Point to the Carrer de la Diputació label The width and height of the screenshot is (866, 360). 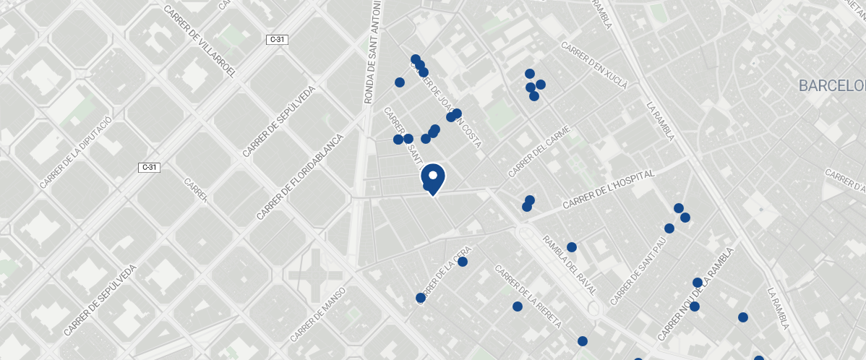tap(76, 152)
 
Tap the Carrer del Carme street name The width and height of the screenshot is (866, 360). tap(539, 152)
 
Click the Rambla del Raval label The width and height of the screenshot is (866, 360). tap(569, 265)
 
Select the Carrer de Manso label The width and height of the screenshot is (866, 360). tap(319, 314)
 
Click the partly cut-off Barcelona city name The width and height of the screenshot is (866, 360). tap(831, 87)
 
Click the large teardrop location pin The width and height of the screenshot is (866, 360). tap(433, 178)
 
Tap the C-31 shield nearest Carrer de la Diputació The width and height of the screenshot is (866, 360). tap(149, 167)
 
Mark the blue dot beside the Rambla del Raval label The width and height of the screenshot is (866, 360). tap(571, 247)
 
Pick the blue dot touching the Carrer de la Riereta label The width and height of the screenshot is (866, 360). tap(518, 307)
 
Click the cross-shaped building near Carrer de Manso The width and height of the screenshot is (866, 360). tap(317, 275)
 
